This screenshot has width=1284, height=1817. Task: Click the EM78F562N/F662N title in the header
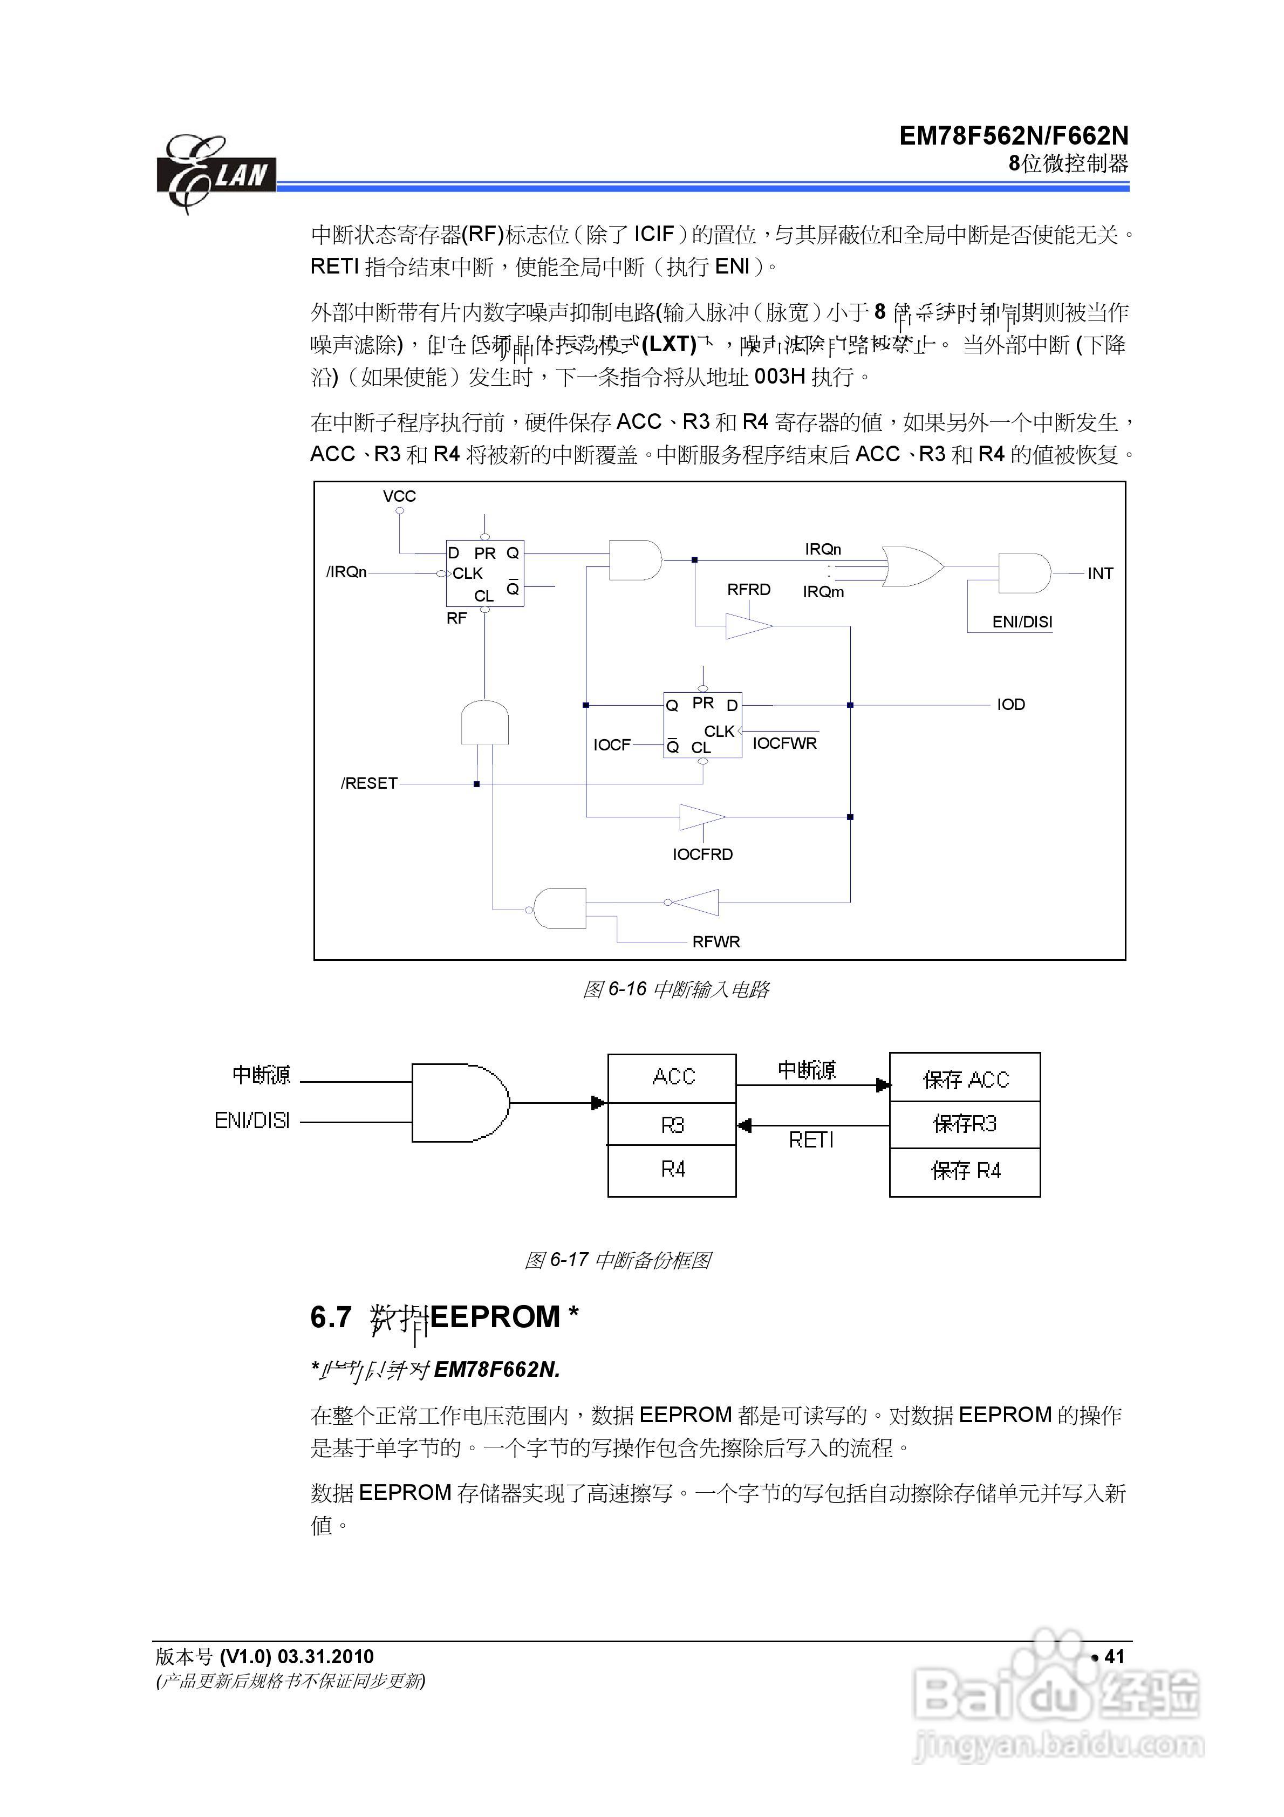point(1013,136)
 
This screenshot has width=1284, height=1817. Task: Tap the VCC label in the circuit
point(399,497)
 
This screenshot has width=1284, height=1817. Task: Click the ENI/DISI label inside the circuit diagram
point(1022,622)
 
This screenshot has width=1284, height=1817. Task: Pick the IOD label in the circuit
point(1011,705)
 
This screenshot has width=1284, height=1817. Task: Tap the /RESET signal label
point(369,783)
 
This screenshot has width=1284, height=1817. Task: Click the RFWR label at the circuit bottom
point(715,942)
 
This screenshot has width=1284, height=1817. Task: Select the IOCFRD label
point(702,855)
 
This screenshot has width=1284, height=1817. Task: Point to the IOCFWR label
point(784,743)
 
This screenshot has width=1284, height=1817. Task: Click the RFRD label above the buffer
point(749,590)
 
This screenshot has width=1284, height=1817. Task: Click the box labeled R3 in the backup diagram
point(672,1124)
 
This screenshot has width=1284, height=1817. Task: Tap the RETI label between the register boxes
point(811,1140)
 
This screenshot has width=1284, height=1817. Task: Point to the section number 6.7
point(331,1317)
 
